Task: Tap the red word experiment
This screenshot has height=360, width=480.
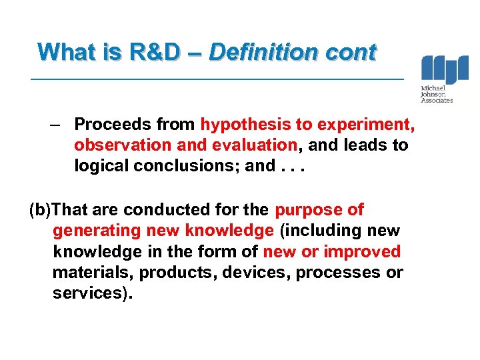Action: (x=366, y=124)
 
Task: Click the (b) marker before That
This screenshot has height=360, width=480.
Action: (x=40, y=210)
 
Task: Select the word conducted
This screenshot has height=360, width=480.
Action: (x=163, y=210)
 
